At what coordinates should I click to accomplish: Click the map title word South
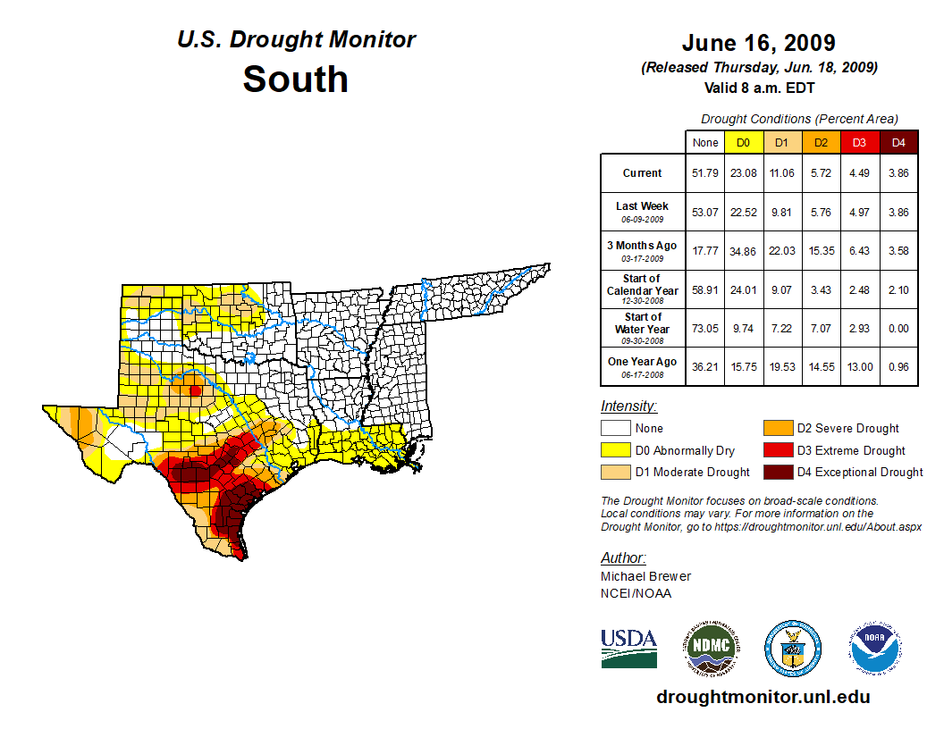tap(295, 79)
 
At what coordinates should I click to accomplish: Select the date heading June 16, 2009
tap(758, 43)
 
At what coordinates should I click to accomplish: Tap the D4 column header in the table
tap(898, 143)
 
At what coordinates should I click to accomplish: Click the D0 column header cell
tap(743, 143)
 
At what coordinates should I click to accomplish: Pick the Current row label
tap(643, 173)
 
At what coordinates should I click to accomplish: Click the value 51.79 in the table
tap(704, 173)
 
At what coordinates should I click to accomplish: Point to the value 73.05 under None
tap(704, 327)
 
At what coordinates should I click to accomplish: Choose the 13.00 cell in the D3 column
tap(859, 365)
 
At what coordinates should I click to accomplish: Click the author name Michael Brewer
tap(645, 576)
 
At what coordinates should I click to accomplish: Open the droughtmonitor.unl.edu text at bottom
tap(763, 697)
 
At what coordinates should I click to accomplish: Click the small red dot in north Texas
tap(196, 390)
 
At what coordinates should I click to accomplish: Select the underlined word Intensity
tap(628, 406)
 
